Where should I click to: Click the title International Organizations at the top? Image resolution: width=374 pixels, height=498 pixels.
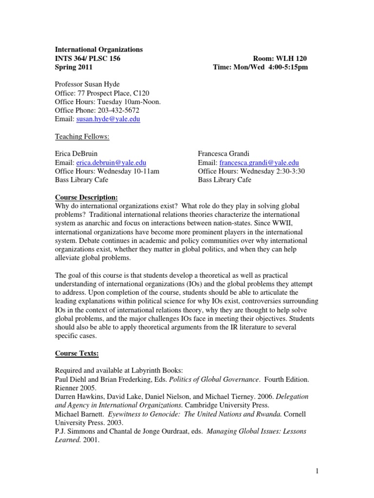tap(98, 50)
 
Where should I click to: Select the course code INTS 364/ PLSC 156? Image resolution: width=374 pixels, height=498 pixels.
tap(87, 58)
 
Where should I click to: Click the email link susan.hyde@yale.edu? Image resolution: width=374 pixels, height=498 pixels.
tap(107, 119)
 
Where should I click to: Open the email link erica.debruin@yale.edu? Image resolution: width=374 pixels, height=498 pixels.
tap(111, 163)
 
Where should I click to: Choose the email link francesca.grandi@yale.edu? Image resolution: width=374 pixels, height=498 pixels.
tap(259, 163)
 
